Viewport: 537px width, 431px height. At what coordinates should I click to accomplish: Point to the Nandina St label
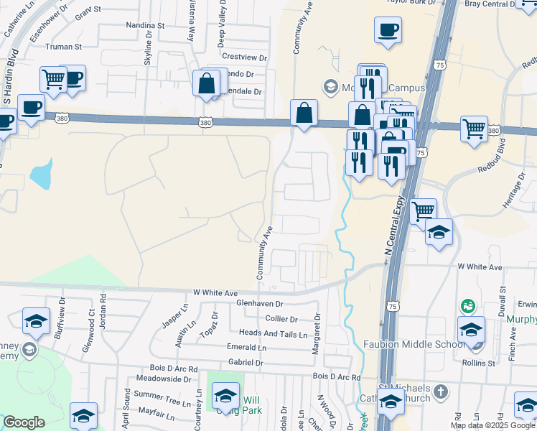click(x=145, y=25)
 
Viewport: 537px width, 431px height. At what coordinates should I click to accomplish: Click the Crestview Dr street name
click(x=244, y=57)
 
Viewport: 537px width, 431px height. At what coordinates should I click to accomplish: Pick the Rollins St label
click(x=501, y=363)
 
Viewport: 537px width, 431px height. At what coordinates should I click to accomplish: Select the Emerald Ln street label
click(x=246, y=348)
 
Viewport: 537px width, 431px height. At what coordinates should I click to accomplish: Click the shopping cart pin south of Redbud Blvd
click(x=423, y=210)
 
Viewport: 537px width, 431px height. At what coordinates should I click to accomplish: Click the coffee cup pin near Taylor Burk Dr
click(x=388, y=29)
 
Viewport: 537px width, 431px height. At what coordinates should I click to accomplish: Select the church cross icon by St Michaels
click(x=442, y=392)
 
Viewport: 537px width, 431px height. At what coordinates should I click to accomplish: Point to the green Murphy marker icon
click(x=468, y=307)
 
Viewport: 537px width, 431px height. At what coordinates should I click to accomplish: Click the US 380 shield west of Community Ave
click(x=206, y=124)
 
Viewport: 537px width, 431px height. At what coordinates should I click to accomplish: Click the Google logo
click(x=24, y=422)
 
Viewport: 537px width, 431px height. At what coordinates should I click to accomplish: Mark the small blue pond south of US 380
click(x=42, y=173)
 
